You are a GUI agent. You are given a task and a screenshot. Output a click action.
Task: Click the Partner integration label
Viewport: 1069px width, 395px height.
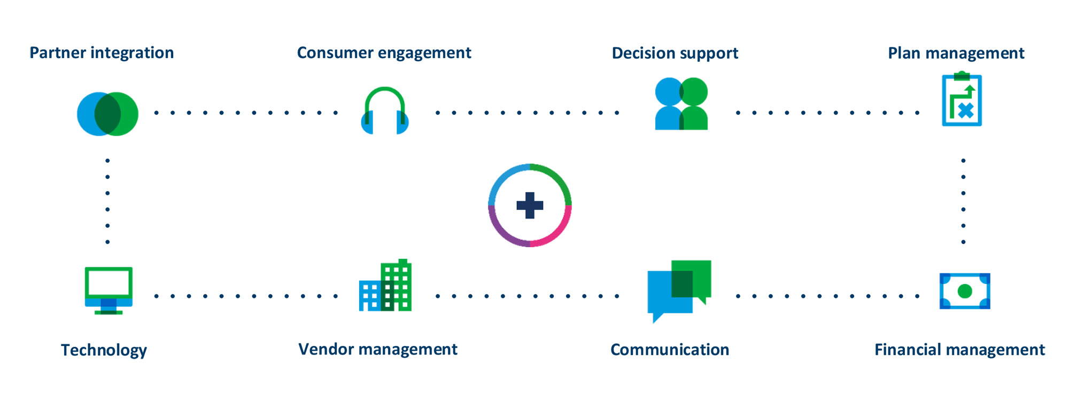(x=102, y=53)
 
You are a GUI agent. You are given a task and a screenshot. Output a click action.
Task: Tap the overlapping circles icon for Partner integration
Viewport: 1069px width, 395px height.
(x=107, y=114)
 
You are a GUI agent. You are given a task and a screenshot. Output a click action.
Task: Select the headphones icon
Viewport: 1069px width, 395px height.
(x=385, y=110)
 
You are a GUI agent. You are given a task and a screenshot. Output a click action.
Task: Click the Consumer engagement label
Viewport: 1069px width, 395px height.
(x=384, y=53)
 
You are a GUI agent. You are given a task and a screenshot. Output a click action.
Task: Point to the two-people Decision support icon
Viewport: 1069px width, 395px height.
(x=681, y=104)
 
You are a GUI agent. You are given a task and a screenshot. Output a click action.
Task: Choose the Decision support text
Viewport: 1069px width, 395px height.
(x=675, y=53)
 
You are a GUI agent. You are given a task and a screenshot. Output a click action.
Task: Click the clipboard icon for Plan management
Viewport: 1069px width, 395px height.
(x=962, y=99)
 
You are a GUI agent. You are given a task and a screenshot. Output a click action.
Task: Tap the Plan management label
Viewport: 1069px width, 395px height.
(x=956, y=53)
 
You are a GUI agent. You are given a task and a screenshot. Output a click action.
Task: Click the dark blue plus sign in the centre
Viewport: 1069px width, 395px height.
(x=530, y=206)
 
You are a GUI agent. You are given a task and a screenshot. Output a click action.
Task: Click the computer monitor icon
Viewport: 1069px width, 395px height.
(x=109, y=290)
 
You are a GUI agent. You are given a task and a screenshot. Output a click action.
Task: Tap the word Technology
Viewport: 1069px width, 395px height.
(x=104, y=350)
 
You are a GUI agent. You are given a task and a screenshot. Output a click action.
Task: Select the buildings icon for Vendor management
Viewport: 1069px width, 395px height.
(x=385, y=285)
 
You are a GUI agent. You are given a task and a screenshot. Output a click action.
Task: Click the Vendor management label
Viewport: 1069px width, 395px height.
(x=377, y=349)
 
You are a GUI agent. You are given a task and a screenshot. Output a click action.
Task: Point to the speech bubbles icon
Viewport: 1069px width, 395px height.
(x=679, y=291)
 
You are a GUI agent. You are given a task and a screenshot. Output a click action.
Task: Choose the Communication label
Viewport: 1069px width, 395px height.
(x=670, y=350)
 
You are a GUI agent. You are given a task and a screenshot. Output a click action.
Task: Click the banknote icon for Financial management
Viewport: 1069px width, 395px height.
(x=965, y=291)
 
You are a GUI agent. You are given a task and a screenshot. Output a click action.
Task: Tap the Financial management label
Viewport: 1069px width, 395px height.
(x=959, y=350)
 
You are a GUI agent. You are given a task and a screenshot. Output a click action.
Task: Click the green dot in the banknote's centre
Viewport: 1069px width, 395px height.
(x=965, y=291)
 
